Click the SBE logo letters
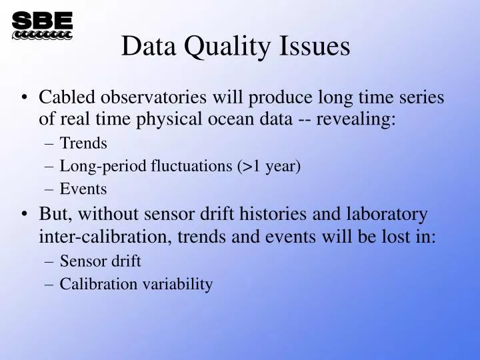[x=42, y=21]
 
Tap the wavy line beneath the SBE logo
[x=42, y=35]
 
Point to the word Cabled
[x=67, y=97]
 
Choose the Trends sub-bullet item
[x=83, y=143]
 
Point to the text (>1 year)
[x=269, y=166]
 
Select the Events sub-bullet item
[x=83, y=189]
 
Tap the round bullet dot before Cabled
[x=25, y=99]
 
